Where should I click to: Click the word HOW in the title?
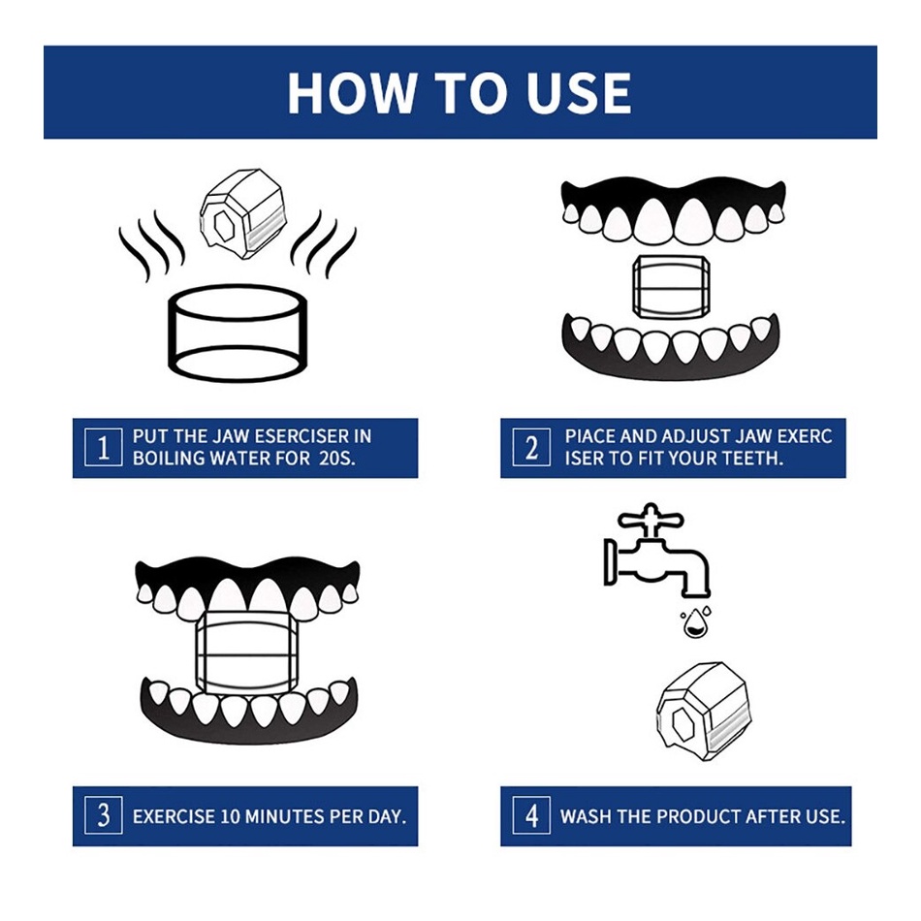(351, 92)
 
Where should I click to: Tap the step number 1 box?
(104, 448)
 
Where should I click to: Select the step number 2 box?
(531, 448)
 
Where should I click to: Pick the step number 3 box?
(104, 815)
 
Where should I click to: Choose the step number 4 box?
(531, 815)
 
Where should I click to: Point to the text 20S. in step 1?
(337, 459)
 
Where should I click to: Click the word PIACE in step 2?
(589, 436)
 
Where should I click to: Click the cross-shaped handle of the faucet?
(651, 520)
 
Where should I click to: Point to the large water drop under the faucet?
(696, 623)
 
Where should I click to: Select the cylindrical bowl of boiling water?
(238, 333)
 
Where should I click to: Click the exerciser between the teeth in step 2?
(671, 287)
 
